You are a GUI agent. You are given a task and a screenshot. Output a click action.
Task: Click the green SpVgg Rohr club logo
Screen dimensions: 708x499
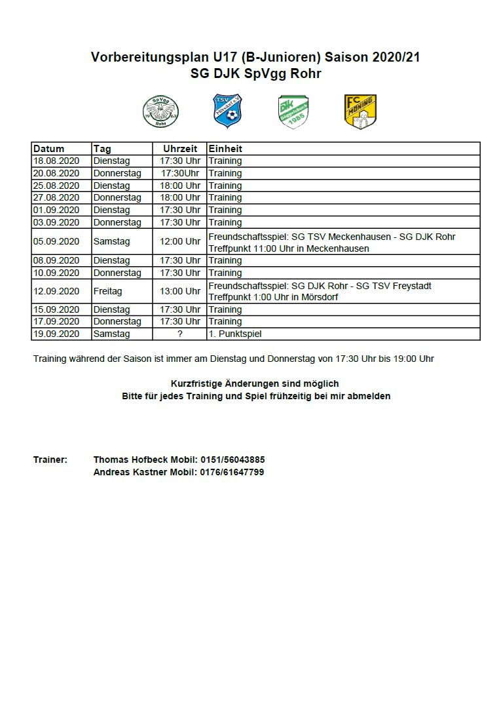click(x=160, y=111)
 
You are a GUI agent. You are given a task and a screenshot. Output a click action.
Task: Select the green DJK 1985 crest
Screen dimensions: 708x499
click(x=293, y=111)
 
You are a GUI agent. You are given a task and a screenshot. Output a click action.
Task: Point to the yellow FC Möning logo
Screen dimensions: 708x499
click(x=360, y=111)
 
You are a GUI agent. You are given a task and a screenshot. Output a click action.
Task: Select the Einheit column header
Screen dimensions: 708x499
click(x=225, y=149)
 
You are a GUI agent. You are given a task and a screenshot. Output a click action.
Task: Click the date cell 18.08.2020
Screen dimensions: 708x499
click(x=56, y=161)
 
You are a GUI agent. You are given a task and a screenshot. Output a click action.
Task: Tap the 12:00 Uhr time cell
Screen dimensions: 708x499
click(x=180, y=241)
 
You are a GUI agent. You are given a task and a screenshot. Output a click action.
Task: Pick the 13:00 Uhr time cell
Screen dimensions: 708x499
click(x=180, y=291)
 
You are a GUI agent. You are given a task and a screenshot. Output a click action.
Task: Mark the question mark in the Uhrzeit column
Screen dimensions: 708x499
click(x=180, y=334)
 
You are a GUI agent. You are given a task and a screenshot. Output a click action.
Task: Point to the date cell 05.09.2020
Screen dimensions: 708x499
click(x=56, y=241)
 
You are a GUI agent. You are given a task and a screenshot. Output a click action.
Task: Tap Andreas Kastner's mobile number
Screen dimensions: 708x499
click(x=231, y=472)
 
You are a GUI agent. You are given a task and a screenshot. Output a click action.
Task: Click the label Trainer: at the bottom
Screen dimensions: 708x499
click(x=50, y=460)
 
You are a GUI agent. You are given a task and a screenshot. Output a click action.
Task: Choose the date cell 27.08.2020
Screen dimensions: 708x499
click(x=56, y=197)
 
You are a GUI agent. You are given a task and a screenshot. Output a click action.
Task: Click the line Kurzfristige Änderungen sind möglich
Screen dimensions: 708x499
click(x=255, y=383)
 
